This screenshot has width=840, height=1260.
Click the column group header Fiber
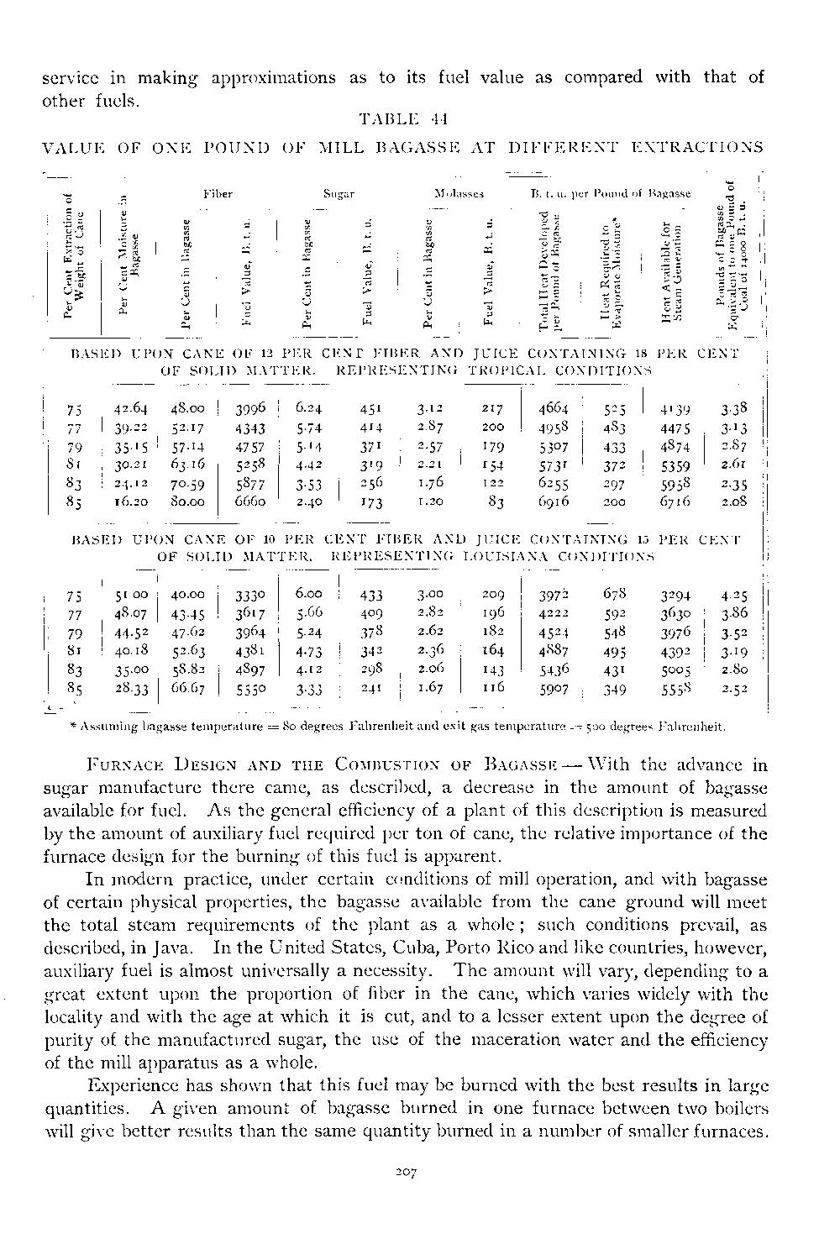click(217, 194)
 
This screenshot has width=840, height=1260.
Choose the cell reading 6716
click(675, 501)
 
